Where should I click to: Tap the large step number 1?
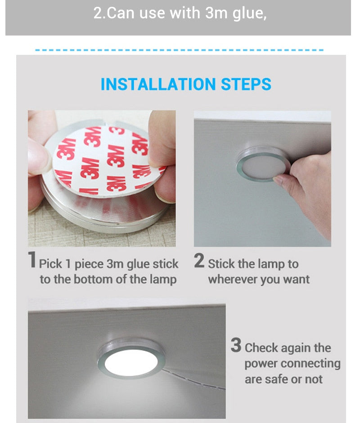coord(32,261)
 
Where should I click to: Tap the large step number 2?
coord(199,261)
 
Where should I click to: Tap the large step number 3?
coord(236,346)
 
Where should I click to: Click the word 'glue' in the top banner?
coord(248,13)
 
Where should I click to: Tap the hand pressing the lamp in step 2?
coord(310,189)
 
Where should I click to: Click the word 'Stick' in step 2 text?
coord(220,264)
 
